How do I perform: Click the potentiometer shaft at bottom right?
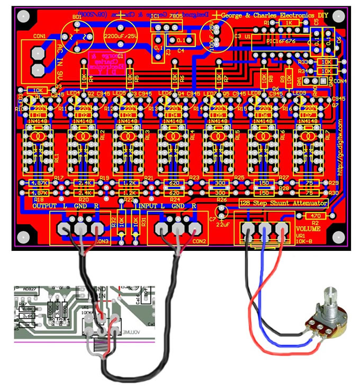tap(324, 300)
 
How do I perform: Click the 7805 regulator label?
tap(174, 17)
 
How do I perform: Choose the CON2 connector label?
tap(200, 241)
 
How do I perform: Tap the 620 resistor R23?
tap(175, 183)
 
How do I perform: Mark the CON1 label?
tap(39, 37)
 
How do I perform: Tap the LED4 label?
tap(74, 93)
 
